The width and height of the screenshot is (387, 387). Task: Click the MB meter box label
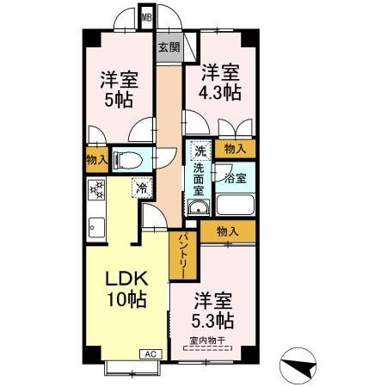pos(146,16)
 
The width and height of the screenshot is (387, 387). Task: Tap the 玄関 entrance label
pos(169,48)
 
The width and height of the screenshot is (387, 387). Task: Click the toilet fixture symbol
pos(126,158)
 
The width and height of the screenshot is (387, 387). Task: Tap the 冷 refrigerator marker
pos(138,186)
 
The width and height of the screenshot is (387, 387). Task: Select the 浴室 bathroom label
pos(235,179)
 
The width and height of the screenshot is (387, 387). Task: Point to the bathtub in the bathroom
pos(235,205)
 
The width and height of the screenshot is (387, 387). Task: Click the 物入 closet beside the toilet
pos(95,159)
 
